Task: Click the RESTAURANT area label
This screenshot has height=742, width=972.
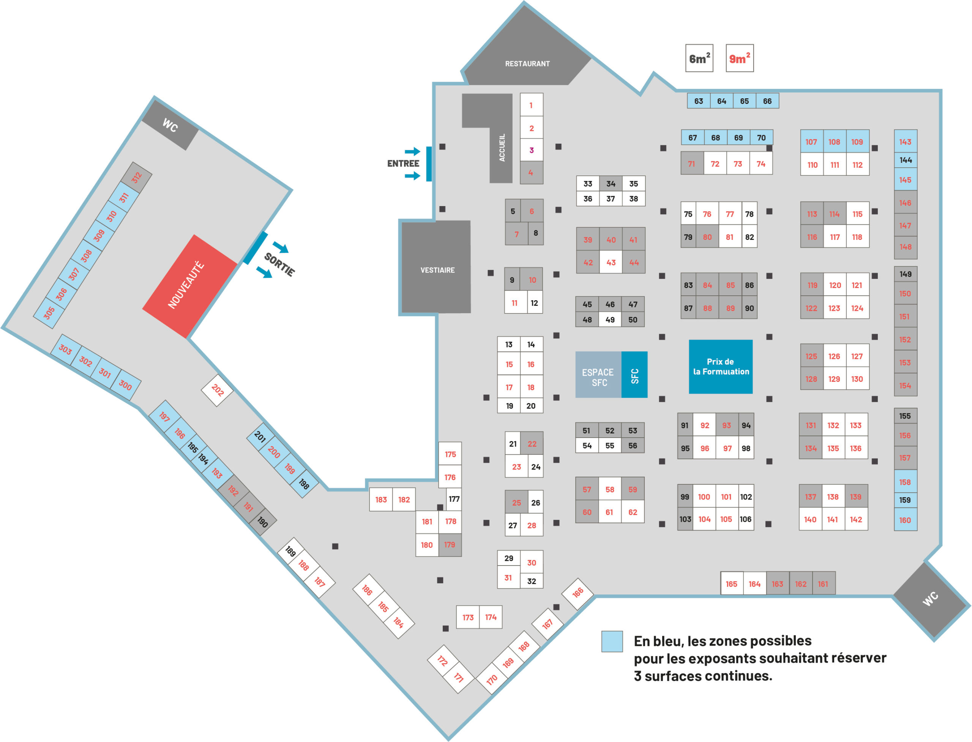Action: [527, 64]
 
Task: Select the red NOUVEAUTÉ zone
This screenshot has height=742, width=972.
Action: [189, 286]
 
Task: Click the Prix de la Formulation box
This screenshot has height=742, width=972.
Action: [721, 367]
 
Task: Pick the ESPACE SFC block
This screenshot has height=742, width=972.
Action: [598, 375]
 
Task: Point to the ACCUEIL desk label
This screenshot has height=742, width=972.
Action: [502, 148]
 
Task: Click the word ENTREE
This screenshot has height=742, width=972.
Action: [403, 164]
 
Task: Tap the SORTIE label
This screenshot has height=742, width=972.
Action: [279, 265]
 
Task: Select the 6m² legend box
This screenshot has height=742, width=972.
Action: [699, 58]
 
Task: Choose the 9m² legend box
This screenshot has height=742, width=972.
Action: [740, 58]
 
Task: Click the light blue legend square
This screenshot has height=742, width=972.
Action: [612, 641]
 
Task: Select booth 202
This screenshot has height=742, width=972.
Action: [217, 390]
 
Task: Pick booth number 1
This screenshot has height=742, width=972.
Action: [531, 105]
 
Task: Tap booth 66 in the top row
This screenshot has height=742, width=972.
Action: [767, 101]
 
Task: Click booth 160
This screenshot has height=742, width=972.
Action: [905, 520]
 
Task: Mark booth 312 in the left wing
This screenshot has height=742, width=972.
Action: [137, 178]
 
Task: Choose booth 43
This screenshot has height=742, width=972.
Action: [611, 262]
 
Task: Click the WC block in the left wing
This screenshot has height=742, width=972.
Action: [170, 125]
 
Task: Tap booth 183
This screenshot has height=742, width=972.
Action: [381, 499]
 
